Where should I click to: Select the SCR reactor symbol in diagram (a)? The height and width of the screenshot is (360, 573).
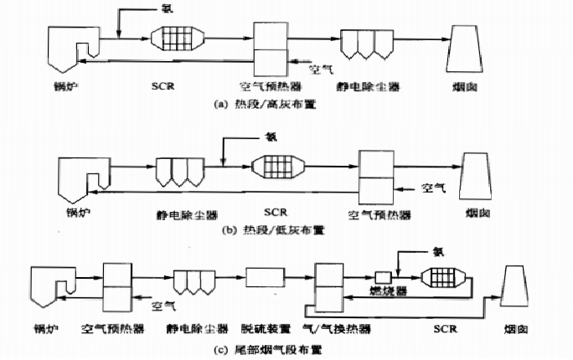pyautogui.click(x=178, y=41)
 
